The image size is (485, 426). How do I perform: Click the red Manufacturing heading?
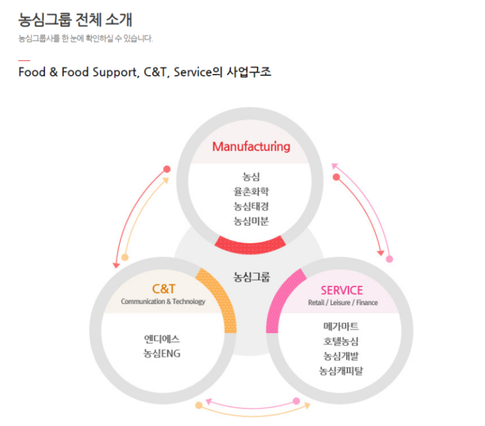coord(251,147)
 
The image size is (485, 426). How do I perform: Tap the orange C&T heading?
coord(164,289)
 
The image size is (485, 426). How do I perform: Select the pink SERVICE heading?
coord(342,290)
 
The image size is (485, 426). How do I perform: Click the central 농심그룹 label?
coord(251,277)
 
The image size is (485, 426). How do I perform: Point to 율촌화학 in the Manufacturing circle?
coord(251,192)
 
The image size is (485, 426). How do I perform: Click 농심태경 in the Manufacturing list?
coord(251,206)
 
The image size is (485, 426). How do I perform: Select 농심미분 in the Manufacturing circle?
coord(251,221)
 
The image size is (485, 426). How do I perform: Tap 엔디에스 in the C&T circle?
coord(162,339)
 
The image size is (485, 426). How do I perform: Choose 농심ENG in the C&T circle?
coord(162,353)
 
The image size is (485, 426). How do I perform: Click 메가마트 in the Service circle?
coord(341,326)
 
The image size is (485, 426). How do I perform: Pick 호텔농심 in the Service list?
coord(341,341)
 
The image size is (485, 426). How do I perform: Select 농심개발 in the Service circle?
coord(341,356)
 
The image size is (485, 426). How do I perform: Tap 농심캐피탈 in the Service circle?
coord(341,370)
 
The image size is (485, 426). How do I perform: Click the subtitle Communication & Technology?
coord(163,301)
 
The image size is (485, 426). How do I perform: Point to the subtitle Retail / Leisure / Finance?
coord(343,303)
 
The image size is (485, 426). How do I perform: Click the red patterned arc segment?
coord(250,246)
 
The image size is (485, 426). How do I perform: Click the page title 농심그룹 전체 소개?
coord(75,20)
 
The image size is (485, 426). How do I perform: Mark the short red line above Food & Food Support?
coord(24,61)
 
